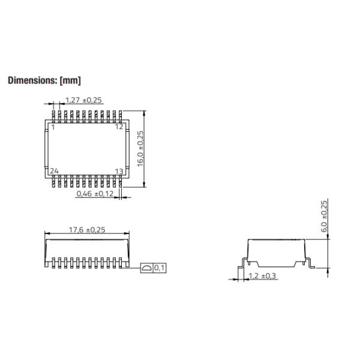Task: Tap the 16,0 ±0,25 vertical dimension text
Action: pos(141,150)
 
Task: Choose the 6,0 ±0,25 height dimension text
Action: pos(324,217)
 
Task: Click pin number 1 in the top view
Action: pos(53,127)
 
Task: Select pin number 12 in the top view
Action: pos(119,127)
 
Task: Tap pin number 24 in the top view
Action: pos(54,172)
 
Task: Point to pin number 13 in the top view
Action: pos(119,172)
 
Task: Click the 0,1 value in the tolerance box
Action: pos(160,268)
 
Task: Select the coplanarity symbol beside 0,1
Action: pos(146,268)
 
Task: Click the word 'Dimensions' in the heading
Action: pos(33,80)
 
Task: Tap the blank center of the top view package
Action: pos(86,149)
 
